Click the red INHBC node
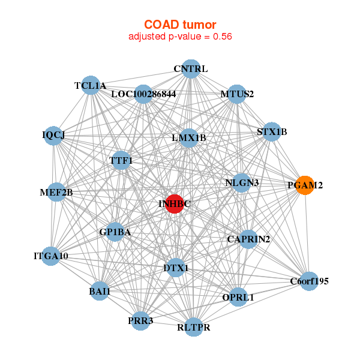point(175,204)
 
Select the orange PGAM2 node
point(305,185)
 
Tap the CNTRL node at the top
point(190,69)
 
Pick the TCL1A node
point(90,85)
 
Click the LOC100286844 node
point(143,94)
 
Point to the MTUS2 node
point(237,94)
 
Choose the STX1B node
point(272,132)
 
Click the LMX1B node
point(188,138)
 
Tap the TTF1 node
point(121,161)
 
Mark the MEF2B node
point(56,193)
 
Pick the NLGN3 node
point(241,182)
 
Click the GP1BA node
point(115,232)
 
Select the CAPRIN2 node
point(248,239)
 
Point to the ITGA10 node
point(51,256)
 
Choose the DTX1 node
point(176,268)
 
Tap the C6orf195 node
point(309,281)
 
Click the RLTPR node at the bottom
point(193,327)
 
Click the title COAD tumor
point(180,24)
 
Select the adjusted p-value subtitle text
point(180,36)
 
